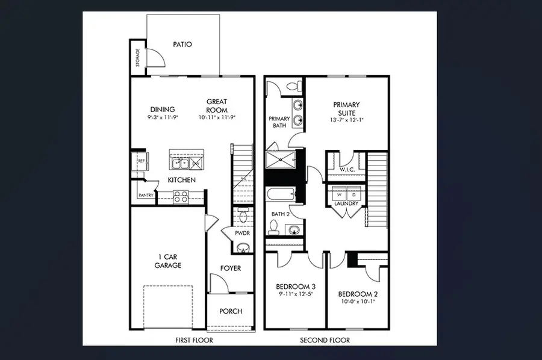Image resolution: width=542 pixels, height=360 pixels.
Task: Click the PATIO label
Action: click(x=182, y=44)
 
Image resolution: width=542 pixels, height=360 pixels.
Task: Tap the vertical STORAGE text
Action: click(x=137, y=57)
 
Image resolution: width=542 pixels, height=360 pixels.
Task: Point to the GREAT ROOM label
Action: click(x=217, y=106)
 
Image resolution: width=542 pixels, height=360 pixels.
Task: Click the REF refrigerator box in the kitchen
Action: click(x=141, y=161)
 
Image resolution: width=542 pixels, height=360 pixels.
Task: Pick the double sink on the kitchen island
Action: click(x=180, y=164)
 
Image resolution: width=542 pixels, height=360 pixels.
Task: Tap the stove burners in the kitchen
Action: click(x=181, y=195)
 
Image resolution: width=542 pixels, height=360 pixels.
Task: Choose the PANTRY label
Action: click(x=146, y=196)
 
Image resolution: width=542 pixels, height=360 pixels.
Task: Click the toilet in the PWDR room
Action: click(x=242, y=216)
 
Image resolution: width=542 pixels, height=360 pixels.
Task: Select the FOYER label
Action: click(x=230, y=268)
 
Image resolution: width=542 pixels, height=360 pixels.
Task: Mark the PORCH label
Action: click(x=231, y=311)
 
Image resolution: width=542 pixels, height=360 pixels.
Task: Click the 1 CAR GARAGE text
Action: click(x=167, y=261)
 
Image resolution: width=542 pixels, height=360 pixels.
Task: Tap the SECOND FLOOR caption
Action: click(x=325, y=340)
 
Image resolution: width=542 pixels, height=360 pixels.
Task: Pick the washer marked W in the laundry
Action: click(x=338, y=195)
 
